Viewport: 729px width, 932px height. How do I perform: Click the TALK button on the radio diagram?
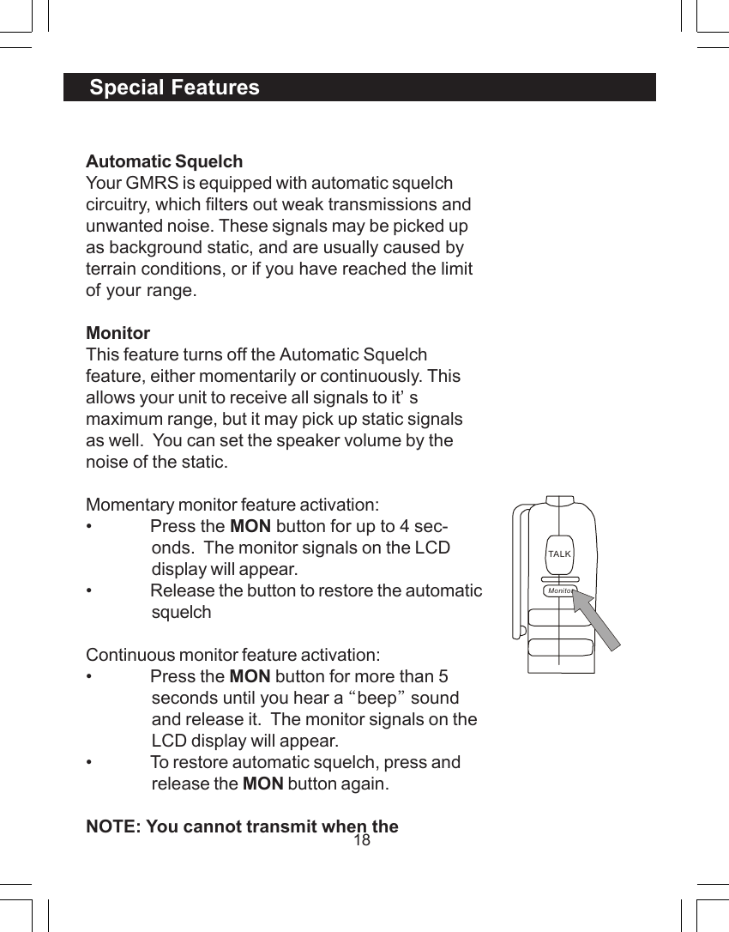(x=559, y=554)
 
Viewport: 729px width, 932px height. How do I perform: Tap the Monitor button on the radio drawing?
(x=560, y=591)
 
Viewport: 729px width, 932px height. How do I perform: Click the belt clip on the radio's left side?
(x=517, y=571)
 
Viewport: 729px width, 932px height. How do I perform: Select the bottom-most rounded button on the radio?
(x=561, y=647)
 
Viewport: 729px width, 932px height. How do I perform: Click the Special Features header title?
(x=174, y=88)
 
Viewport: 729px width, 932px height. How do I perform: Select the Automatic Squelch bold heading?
(x=164, y=161)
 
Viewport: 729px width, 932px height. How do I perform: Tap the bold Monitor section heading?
(x=117, y=333)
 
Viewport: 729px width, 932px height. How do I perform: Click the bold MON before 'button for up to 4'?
(x=250, y=526)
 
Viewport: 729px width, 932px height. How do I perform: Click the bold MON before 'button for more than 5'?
(x=250, y=676)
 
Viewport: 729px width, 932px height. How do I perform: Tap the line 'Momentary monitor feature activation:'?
(x=232, y=505)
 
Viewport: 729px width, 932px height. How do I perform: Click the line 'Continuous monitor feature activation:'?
(x=232, y=655)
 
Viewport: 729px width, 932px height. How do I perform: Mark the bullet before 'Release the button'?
(x=89, y=591)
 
